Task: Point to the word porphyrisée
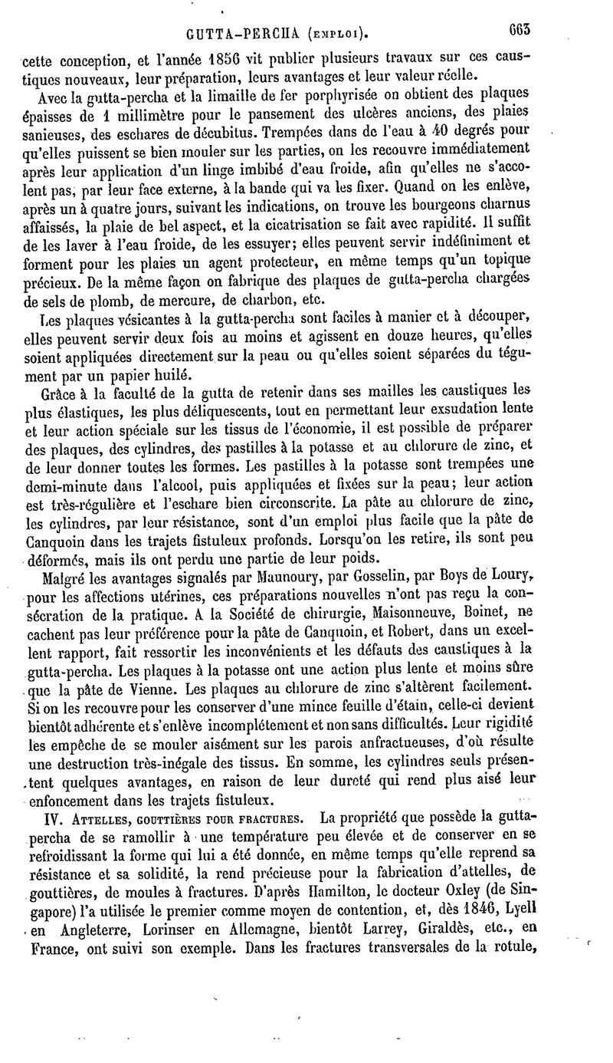(332, 95)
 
